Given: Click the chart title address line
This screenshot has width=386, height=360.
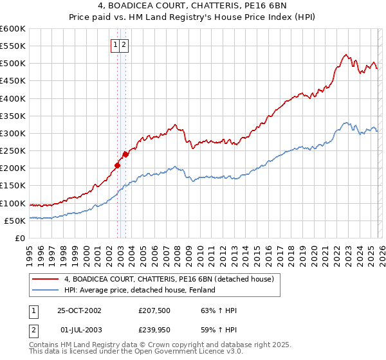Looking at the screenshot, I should coord(193,6).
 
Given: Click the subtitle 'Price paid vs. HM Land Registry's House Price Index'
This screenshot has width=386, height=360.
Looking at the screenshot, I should coord(193,18).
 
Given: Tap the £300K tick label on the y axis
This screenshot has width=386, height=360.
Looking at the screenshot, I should coord(13,133).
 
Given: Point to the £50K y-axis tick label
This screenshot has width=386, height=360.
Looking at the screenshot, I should coord(15,221).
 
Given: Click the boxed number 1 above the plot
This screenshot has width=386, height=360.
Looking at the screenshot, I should coord(115,45).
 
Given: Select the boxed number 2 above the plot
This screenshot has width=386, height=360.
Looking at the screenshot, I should coord(124,45).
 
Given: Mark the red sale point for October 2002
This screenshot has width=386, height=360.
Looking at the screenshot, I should coord(117,165).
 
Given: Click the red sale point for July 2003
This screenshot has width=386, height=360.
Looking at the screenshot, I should coord(125,154).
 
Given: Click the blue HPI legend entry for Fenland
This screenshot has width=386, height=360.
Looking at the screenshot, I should coord(139,290).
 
